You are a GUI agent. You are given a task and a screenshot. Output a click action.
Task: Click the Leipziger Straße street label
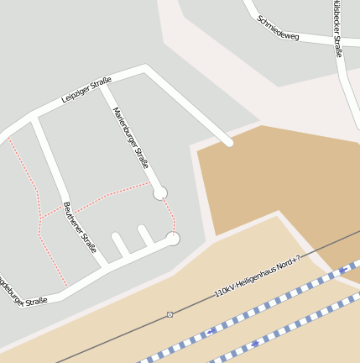(86, 90)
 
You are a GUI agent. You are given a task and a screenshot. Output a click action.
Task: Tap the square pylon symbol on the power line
(170, 314)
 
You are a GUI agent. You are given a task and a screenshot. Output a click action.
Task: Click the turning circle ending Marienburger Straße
(159, 193)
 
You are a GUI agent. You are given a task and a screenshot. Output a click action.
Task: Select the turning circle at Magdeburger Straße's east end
(173, 239)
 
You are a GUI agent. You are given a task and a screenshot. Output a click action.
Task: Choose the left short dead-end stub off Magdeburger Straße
(119, 245)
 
